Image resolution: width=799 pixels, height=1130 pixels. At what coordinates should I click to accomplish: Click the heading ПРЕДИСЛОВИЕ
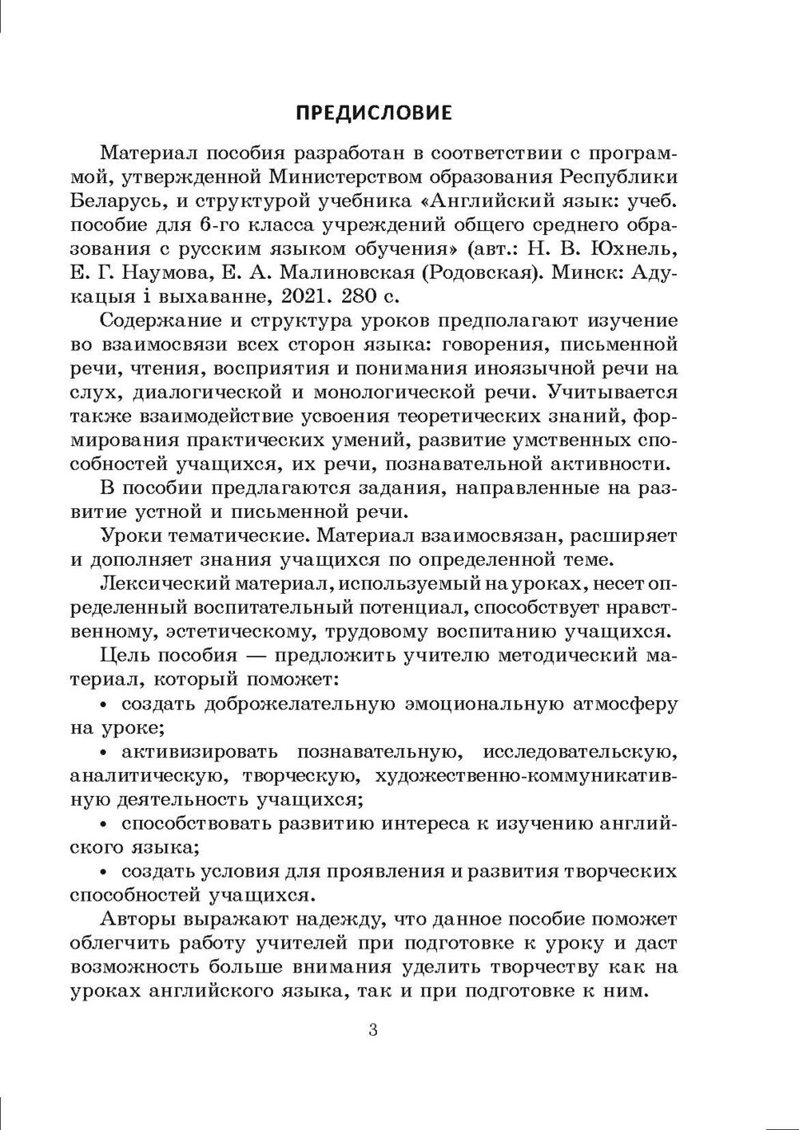coord(374,113)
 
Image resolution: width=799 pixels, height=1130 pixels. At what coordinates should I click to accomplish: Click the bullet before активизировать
coord(105,752)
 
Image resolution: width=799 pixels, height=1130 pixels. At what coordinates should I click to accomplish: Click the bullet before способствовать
coord(105,824)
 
